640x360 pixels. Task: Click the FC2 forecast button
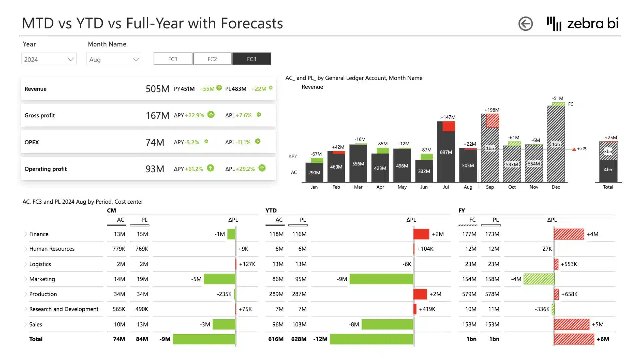coord(212,59)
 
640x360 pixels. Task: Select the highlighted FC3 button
coord(252,59)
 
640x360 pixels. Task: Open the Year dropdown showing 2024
coord(49,59)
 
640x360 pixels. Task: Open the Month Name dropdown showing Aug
coord(114,59)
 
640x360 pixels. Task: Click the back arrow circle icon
coord(525,24)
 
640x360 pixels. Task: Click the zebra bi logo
coord(582,23)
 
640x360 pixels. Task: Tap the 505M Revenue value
coord(157,89)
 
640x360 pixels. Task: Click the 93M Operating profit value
coord(155,169)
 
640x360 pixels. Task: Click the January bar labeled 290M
coord(314,172)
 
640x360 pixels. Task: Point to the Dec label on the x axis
coord(556,187)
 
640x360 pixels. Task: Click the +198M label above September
coord(492,110)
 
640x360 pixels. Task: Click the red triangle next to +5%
coord(574,149)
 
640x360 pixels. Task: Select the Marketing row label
coord(42,279)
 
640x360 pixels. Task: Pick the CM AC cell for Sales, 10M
coord(119,324)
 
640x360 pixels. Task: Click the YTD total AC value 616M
coord(276,339)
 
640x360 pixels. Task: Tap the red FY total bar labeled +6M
coord(574,339)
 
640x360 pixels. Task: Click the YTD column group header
coord(271,210)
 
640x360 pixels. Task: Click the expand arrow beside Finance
coord(26,234)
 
